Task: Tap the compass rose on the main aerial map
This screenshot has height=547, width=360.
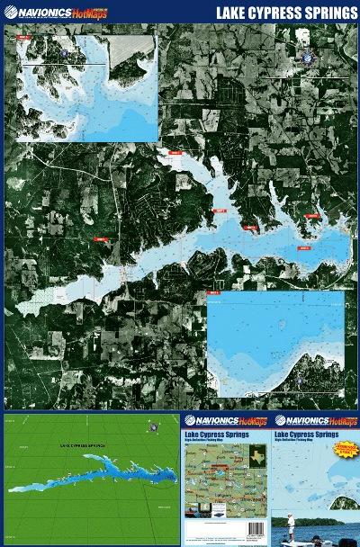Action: pos(310,55)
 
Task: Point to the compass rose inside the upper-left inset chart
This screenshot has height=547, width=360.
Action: pos(67,54)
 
